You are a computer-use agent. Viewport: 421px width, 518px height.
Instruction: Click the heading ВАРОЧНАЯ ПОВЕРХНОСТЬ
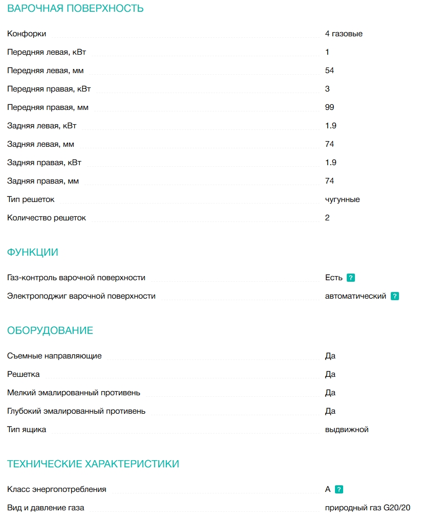pyautogui.click(x=75, y=9)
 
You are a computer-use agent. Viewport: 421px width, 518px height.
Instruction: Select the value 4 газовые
pyautogui.click(x=344, y=34)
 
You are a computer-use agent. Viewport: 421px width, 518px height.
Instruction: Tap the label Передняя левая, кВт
pyautogui.click(x=47, y=52)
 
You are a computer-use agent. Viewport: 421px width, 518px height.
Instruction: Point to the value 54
pyautogui.click(x=329, y=71)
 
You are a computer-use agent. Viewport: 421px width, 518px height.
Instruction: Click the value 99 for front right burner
pyautogui.click(x=329, y=107)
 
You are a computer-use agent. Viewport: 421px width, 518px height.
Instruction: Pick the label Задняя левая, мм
pyautogui.click(x=40, y=144)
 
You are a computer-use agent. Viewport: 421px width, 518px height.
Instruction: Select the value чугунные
pyautogui.click(x=342, y=199)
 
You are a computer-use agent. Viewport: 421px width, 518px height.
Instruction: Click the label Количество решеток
pyautogui.click(x=47, y=218)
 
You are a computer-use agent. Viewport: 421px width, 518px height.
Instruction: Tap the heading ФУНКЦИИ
pyautogui.click(x=33, y=253)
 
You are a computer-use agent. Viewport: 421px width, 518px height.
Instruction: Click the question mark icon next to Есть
pyautogui.click(x=351, y=278)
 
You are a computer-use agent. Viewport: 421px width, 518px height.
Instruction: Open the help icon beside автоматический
pyautogui.click(x=395, y=296)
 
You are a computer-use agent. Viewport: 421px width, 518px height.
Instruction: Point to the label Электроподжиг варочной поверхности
pyautogui.click(x=81, y=296)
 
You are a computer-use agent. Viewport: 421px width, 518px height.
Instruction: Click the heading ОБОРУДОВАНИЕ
pyautogui.click(x=50, y=331)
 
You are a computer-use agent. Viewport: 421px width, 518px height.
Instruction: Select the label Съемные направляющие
pyautogui.click(x=54, y=356)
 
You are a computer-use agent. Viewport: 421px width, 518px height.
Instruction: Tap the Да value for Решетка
pyautogui.click(x=330, y=374)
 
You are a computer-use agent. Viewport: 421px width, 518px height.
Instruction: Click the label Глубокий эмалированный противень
pyautogui.click(x=76, y=411)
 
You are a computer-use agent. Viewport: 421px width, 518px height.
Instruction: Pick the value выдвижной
pyautogui.click(x=347, y=430)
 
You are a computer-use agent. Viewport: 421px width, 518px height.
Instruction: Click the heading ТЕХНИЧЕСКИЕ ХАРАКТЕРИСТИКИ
pyautogui.click(x=93, y=464)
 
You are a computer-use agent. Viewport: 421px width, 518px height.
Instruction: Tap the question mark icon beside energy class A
pyautogui.click(x=339, y=489)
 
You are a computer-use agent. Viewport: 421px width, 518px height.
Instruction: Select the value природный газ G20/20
pyautogui.click(x=368, y=508)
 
